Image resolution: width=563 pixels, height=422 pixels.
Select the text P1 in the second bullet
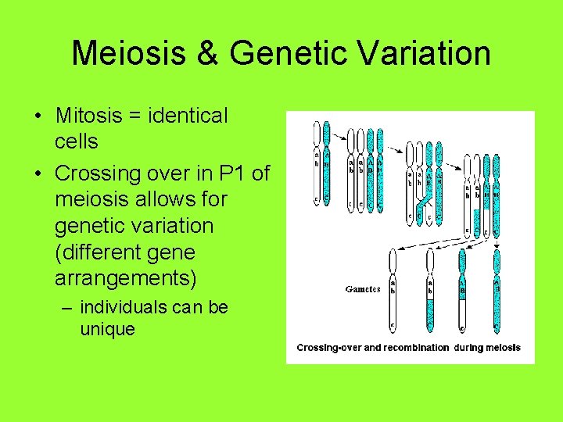pos(235,172)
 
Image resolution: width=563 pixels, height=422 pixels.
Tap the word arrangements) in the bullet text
pos(125,279)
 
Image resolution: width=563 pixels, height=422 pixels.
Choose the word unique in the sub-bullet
pos(107,329)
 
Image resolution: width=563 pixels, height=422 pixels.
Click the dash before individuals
pos(67,307)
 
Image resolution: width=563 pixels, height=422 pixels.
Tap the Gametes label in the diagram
pos(363,288)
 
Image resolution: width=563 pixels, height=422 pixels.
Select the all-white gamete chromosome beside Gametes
pos(393,289)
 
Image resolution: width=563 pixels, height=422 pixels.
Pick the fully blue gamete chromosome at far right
pos(497,289)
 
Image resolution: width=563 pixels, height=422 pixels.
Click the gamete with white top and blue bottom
pos(429,289)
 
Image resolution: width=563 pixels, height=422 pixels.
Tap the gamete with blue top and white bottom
pos(462,289)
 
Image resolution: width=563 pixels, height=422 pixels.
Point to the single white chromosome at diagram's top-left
pos(316,164)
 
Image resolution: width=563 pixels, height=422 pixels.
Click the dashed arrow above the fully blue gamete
pos(497,238)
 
